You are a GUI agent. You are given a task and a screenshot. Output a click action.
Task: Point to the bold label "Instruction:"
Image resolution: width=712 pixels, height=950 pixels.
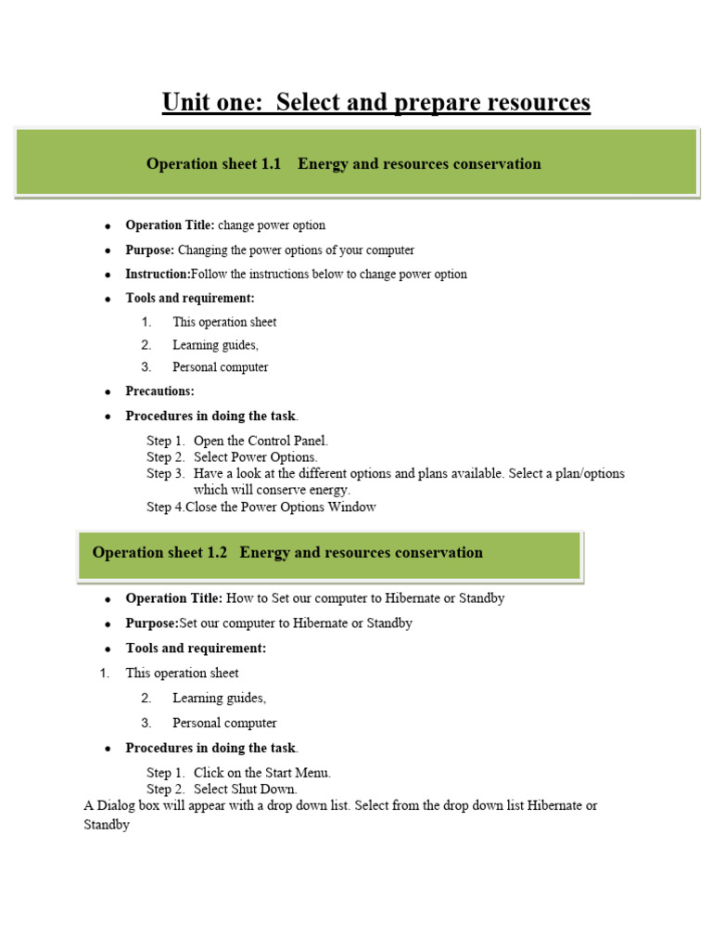coord(158,275)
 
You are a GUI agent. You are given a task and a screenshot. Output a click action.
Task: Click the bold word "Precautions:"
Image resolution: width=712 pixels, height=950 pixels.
coord(159,392)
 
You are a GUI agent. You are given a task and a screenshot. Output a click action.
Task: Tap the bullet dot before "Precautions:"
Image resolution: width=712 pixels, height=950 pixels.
coord(108,392)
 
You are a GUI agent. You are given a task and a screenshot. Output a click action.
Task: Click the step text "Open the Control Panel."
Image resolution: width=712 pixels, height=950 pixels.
coord(261,442)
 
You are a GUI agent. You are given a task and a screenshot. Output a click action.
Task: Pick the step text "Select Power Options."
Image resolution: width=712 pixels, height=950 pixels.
coord(255,457)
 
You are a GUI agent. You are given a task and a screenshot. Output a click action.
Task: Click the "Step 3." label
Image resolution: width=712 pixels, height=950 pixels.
coord(166,474)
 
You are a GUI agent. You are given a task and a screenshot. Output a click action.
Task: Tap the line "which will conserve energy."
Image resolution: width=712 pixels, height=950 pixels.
coord(272,490)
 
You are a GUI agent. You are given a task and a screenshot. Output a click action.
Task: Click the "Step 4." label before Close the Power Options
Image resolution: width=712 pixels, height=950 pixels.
coord(166,507)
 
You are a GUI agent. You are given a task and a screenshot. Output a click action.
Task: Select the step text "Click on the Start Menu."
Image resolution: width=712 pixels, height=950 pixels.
coord(261,773)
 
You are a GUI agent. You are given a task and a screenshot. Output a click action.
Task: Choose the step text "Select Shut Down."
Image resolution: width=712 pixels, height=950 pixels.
coord(246,790)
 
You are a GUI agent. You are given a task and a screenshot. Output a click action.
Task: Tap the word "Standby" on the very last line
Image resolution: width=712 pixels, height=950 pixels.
coord(107,825)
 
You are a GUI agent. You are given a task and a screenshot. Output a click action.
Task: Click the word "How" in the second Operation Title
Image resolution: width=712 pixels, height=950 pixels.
coord(240,599)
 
